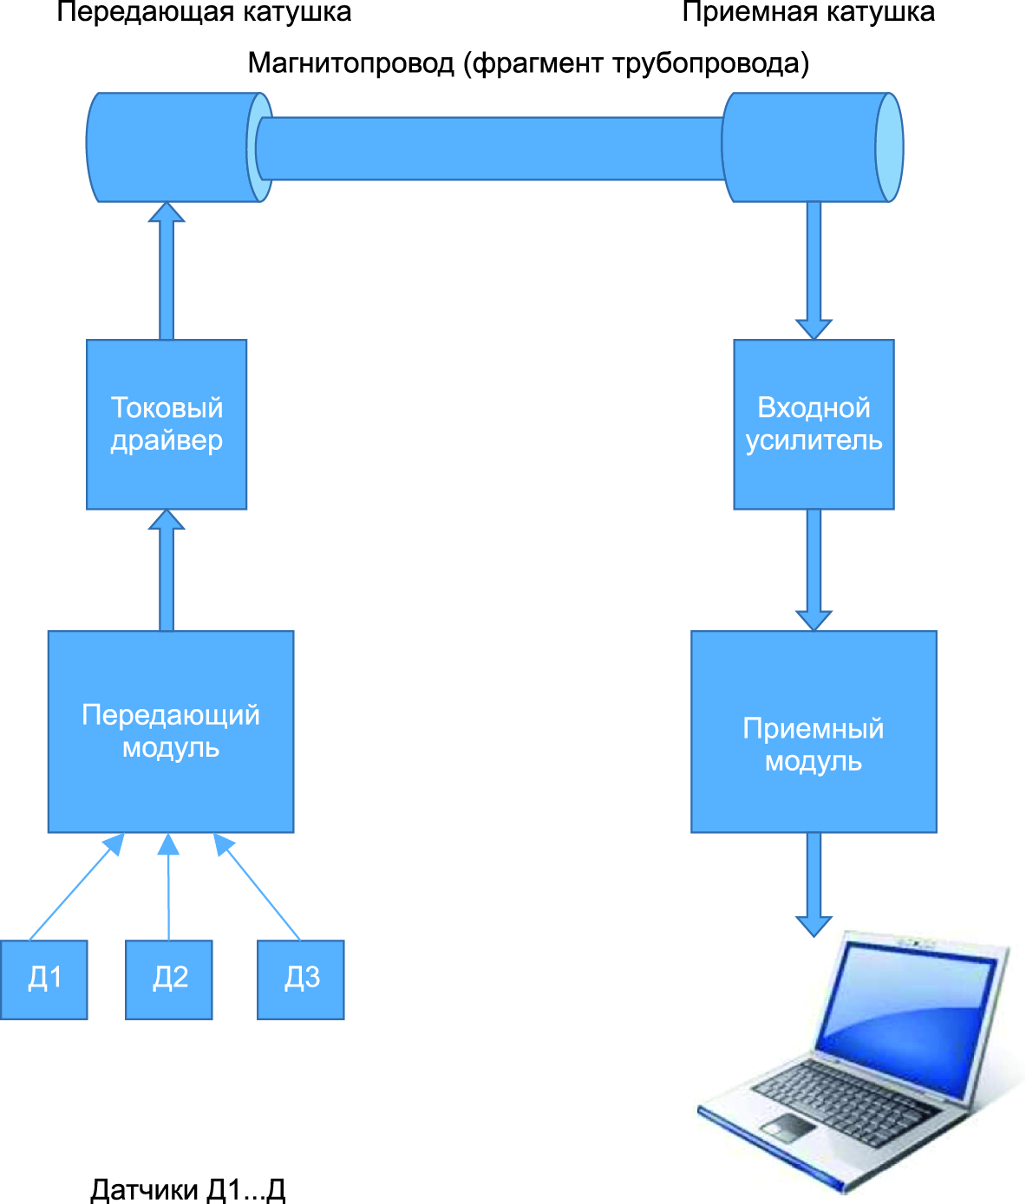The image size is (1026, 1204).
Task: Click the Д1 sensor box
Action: point(44,979)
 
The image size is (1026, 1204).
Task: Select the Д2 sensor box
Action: point(169,979)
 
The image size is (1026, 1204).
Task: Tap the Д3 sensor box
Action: point(301,979)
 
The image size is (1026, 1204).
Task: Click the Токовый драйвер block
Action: point(167,424)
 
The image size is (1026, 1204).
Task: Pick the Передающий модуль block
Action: point(171,732)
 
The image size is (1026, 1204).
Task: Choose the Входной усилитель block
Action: point(814,424)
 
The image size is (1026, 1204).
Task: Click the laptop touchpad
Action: point(788,1126)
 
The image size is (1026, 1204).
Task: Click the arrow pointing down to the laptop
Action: point(814,884)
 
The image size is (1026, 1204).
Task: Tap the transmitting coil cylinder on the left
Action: point(173,147)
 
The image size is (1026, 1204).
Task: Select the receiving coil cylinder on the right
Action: point(811,147)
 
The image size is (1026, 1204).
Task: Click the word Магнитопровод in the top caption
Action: point(351,63)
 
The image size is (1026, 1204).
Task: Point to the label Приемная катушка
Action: point(808,12)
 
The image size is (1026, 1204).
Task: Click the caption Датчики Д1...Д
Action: point(187,1190)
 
